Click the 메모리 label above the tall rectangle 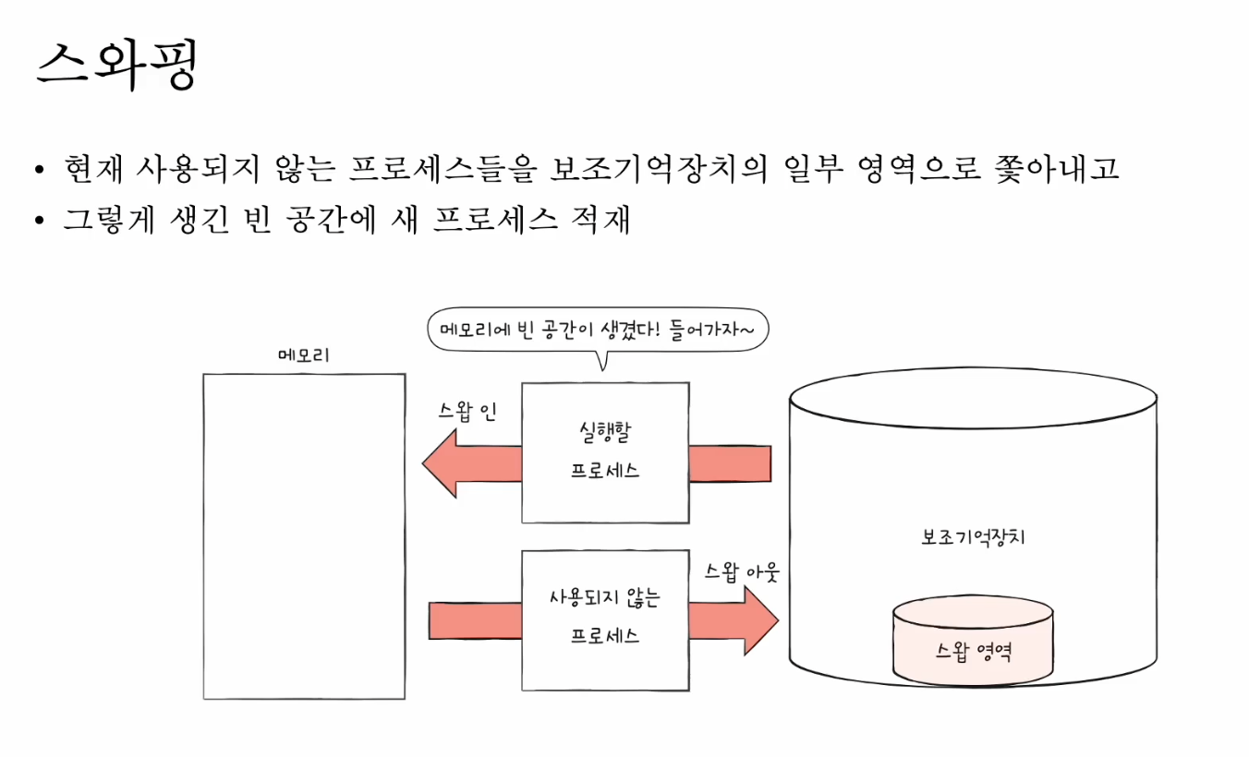coord(304,355)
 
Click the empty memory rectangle coord(304,535)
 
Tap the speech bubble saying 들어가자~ coord(597,330)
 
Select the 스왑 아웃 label coord(742,572)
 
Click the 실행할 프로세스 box coord(605,452)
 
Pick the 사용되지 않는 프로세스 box coord(605,619)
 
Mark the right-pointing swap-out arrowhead coord(759,619)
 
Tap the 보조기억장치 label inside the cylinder coord(973,538)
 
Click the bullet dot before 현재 coord(38,171)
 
